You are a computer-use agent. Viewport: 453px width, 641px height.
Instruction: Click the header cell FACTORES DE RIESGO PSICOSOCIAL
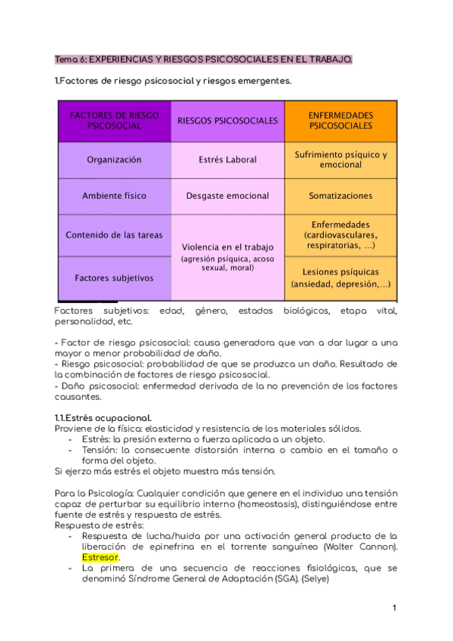114,121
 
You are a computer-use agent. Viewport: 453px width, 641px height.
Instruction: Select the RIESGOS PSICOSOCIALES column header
227,121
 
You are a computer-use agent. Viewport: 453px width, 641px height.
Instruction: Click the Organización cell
114,160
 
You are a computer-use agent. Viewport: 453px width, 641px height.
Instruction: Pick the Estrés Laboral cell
227,160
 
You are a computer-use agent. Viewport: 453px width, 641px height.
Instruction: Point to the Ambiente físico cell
114,196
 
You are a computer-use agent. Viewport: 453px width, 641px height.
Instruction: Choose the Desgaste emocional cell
227,196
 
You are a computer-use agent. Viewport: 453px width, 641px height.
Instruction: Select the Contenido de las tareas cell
114,235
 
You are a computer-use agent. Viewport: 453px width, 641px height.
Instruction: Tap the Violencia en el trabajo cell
227,256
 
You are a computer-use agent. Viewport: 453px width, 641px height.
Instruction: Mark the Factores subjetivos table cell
114,277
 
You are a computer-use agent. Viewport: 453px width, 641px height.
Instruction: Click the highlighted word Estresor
101,558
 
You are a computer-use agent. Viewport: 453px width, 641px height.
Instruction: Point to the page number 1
394,608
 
